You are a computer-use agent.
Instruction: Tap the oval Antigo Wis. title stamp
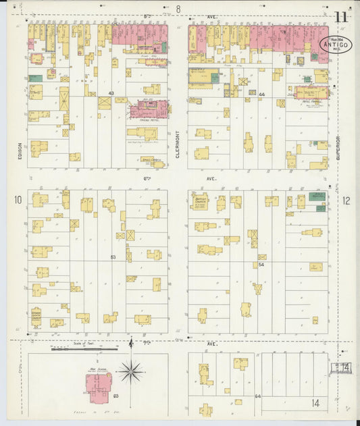335,45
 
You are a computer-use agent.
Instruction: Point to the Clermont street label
178,143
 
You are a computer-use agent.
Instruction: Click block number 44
262,95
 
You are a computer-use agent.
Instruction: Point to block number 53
113,257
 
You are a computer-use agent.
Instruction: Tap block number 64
257,396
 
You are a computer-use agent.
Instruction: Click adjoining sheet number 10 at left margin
18,199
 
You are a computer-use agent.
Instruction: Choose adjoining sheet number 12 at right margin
346,200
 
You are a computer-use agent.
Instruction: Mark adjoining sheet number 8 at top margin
178,9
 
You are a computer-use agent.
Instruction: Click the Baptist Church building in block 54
201,201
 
